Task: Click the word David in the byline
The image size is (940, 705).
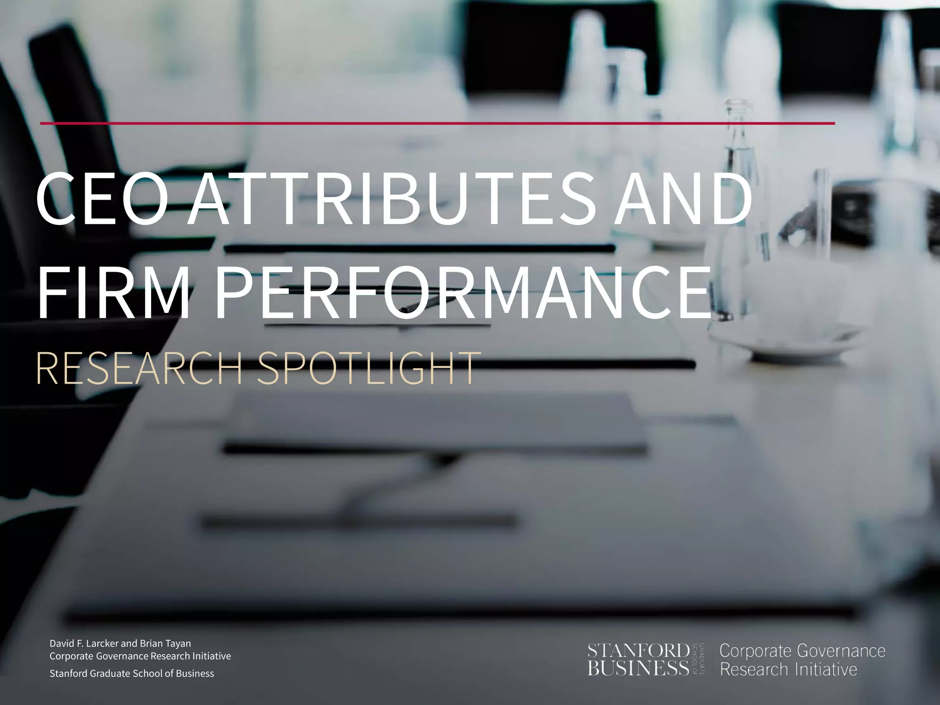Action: tap(62, 643)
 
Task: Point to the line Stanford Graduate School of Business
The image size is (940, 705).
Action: tap(132, 673)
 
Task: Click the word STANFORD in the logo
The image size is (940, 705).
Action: tap(638, 651)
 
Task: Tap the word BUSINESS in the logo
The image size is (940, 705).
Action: tap(638, 668)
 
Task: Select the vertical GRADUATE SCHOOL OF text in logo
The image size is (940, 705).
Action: tap(698, 660)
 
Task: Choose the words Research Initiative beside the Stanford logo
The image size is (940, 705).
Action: tap(788, 669)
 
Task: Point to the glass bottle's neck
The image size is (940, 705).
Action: tap(738, 124)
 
